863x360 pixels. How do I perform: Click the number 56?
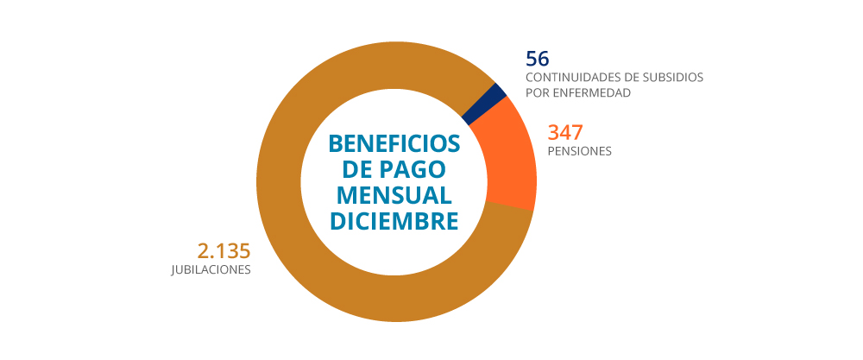click(x=538, y=59)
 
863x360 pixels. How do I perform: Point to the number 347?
click(x=566, y=133)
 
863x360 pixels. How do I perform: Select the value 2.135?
click(x=224, y=251)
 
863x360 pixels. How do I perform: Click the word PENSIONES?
click(x=580, y=151)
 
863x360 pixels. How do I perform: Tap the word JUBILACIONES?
click(x=211, y=269)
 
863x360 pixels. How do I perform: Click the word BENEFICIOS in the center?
click(x=394, y=142)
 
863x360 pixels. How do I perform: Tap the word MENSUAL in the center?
click(x=394, y=194)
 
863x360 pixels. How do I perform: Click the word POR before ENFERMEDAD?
click(x=539, y=92)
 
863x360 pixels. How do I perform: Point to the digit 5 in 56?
click(x=532, y=59)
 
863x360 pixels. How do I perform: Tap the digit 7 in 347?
click(x=576, y=133)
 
